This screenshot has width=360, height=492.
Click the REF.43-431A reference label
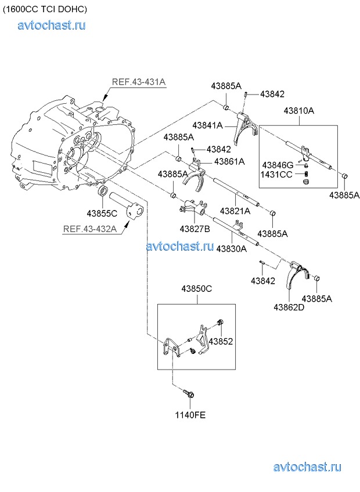[x=139, y=82]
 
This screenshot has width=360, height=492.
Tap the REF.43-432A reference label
[x=90, y=229]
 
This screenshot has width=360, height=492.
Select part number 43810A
[x=298, y=110]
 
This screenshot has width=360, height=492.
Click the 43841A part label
[x=208, y=125]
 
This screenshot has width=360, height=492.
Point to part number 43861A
[x=229, y=161]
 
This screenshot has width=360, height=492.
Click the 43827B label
[x=195, y=228]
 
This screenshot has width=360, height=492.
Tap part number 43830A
[x=231, y=248]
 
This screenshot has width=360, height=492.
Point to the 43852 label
[x=221, y=342]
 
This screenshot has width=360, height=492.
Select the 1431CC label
[x=276, y=174]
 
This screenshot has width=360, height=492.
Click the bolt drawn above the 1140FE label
[x=190, y=395]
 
